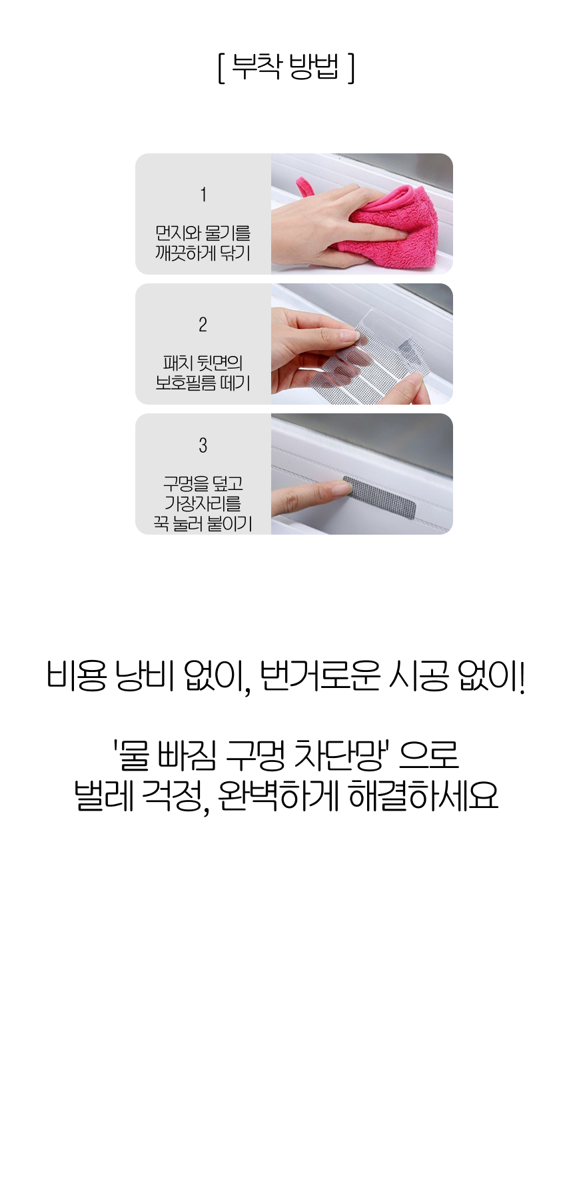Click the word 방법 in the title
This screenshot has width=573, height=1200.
(x=314, y=66)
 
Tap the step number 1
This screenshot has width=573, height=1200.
(x=203, y=195)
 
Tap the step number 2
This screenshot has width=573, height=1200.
(x=203, y=325)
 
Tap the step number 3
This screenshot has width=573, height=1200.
(x=203, y=445)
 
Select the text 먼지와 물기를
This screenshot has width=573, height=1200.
(x=203, y=233)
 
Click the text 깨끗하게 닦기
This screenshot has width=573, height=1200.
(x=203, y=253)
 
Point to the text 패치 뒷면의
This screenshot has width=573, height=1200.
(x=203, y=363)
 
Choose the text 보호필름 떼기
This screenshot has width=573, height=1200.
(x=203, y=383)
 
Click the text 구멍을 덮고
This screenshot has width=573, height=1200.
(x=203, y=483)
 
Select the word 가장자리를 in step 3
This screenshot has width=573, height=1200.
(x=203, y=503)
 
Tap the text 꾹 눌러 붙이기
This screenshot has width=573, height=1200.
(x=203, y=523)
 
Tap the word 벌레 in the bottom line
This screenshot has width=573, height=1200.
(x=104, y=795)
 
